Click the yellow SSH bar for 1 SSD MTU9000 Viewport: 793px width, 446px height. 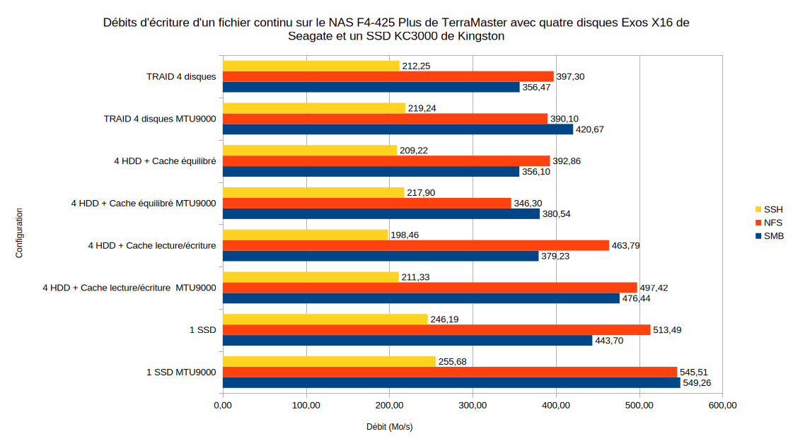[x=329, y=361]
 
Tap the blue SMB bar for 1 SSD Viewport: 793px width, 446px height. [x=407, y=341]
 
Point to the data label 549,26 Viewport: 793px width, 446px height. [x=697, y=383]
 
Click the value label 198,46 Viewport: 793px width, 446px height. [x=405, y=235]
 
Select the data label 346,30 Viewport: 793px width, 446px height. [x=528, y=204]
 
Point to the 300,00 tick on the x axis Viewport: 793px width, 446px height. [x=473, y=406]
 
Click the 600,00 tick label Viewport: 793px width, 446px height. [x=722, y=406]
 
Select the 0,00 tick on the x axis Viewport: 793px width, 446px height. [x=223, y=406]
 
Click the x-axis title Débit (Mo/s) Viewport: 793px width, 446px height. [x=390, y=427]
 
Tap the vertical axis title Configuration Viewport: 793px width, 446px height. [x=20, y=233]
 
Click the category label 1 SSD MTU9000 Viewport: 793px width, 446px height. [x=181, y=372]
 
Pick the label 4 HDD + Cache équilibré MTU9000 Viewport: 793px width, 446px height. [x=144, y=204]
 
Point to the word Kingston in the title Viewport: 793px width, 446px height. [x=480, y=37]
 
